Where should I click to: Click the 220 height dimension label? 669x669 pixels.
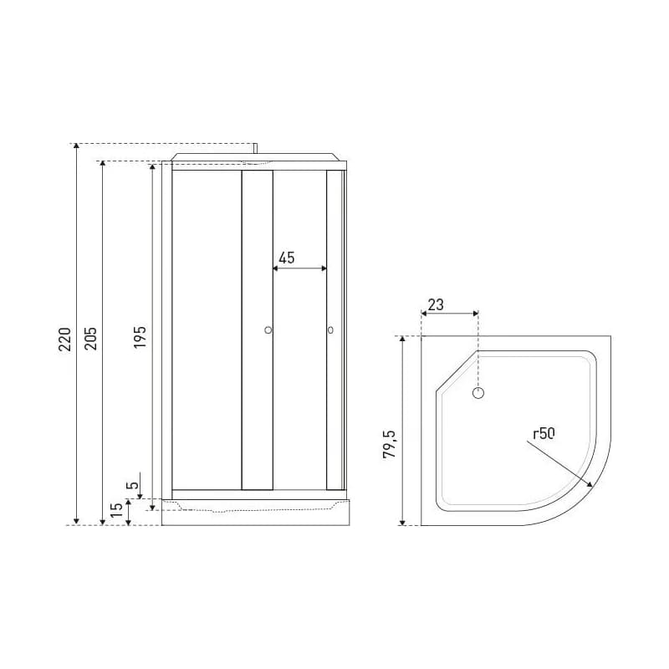click(64, 340)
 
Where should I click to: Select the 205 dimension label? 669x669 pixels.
click(90, 340)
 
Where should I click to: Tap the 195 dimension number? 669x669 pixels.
click(140, 337)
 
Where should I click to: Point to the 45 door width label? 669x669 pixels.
click(287, 258)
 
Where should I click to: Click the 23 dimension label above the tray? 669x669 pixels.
click(436, 304)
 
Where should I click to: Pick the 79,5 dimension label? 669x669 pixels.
click(389, 444)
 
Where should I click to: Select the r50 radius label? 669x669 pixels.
click(544, 434)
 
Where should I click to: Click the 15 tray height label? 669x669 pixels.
click(116, 510)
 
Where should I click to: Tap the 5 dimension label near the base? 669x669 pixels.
click(133, 486)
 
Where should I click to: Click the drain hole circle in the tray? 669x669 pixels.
click(478, 393)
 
